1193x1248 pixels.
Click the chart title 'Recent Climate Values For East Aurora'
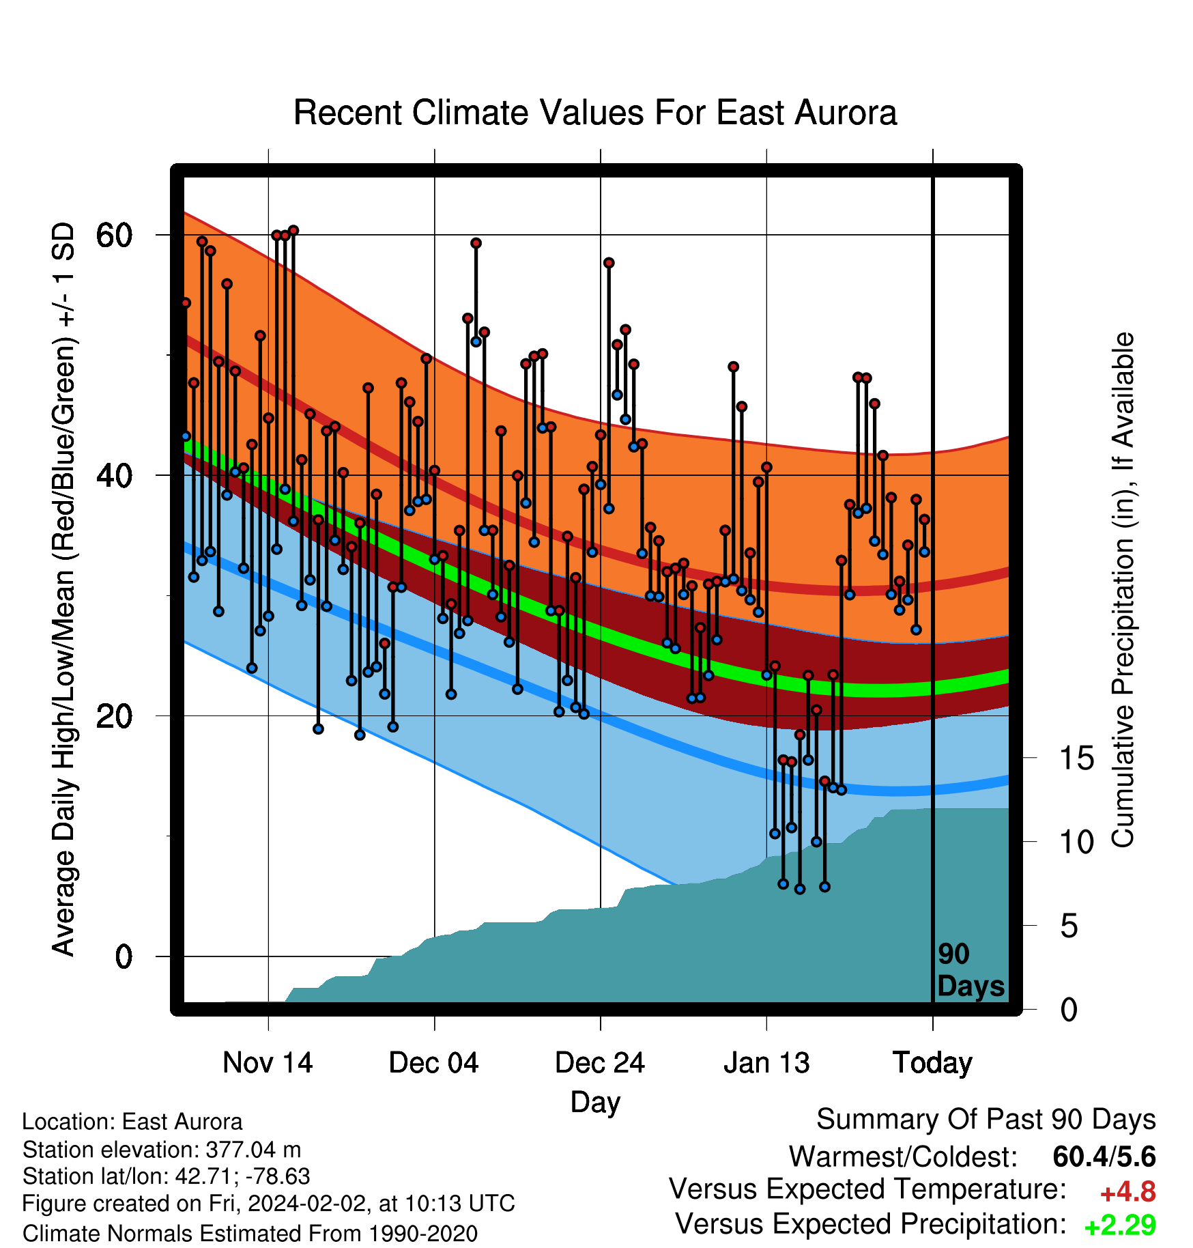coord(594,113)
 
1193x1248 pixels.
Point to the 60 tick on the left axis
coord(113,235)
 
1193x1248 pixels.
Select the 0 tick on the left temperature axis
coord(123,956)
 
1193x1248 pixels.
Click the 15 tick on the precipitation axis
coord(1077,758)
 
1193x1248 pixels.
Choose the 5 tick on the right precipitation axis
coord(1069,926)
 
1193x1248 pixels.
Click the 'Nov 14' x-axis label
coord(268,1062)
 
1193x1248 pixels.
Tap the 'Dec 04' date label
coord(434,1062)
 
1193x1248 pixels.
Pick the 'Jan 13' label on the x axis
coord(766,1062)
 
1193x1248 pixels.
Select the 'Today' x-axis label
coord(932,1064)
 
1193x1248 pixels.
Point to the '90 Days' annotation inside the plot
coord(971,970)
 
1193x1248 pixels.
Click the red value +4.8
coord(1128,1192)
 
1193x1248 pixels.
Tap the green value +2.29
coord(1120,1225)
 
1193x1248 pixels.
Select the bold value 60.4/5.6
coord(1104,1157)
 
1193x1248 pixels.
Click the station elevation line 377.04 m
coord(162,1150)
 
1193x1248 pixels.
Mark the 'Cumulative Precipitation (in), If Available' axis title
coord(1123,590)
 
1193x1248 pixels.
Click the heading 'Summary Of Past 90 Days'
coord(986,1120)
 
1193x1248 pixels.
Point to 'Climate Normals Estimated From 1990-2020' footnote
coord(250,1233)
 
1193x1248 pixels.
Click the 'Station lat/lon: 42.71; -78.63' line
coord(167,1177)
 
